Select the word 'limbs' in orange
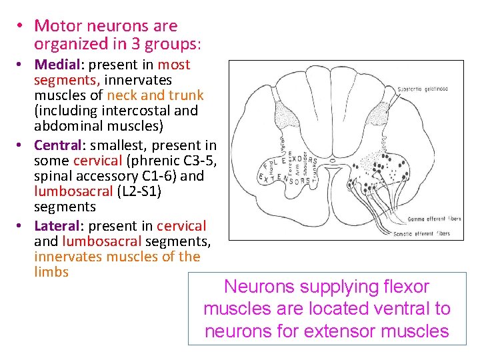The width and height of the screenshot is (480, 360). [x=51, y=272]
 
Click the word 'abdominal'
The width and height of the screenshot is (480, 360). [x=67, y=125]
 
